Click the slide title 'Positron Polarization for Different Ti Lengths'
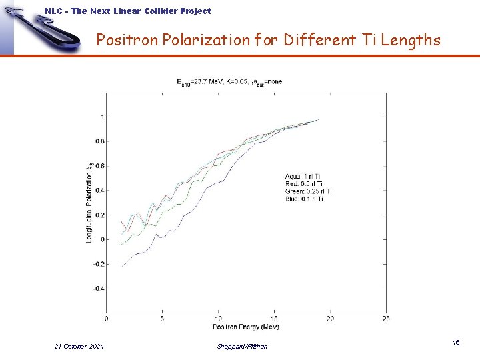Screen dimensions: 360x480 (268, 41)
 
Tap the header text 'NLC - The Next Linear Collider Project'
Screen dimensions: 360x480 (127, 11)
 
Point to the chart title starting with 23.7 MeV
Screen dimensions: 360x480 (229, 81)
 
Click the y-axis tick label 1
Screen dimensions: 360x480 (101, 117)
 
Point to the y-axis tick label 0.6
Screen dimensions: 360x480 (99, 166)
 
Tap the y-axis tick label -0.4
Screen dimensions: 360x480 (97, 289)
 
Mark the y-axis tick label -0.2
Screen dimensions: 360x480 (97, 264)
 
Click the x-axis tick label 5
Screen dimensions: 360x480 (162, 319)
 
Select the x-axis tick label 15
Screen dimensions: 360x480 (274, 319)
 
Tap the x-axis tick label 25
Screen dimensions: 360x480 (386, 319)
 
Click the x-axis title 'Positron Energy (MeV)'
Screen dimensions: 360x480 (245, 327)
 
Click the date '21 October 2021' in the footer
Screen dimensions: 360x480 (79, 345)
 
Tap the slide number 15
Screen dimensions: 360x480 (456, 342)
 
